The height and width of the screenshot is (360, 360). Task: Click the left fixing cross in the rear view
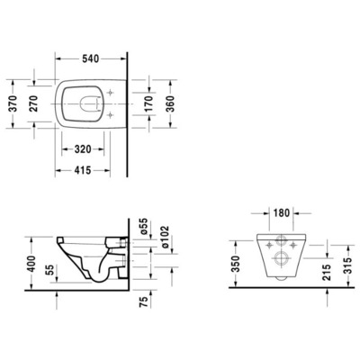[x=270, y=244]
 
